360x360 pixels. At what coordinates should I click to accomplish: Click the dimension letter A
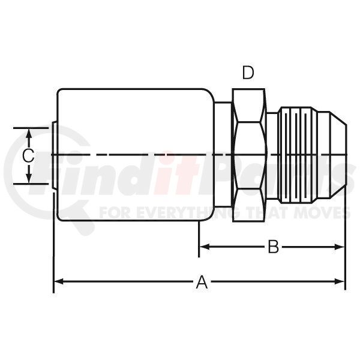[202, 282]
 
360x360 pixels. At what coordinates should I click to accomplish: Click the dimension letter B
[274, 247]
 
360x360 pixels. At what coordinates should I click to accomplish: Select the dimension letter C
[28, 155]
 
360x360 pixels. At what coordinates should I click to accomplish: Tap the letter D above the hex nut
[248, 73]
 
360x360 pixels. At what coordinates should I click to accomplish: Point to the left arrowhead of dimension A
[58, 281]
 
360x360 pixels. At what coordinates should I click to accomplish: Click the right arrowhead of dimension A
[340, 281]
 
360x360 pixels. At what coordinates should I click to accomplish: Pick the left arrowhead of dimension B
[204, 247]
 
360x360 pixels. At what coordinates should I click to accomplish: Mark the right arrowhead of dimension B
[340, 247]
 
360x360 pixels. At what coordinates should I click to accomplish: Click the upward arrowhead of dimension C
[28, 133]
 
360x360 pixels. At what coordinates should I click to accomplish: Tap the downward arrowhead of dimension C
[28, 178]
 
